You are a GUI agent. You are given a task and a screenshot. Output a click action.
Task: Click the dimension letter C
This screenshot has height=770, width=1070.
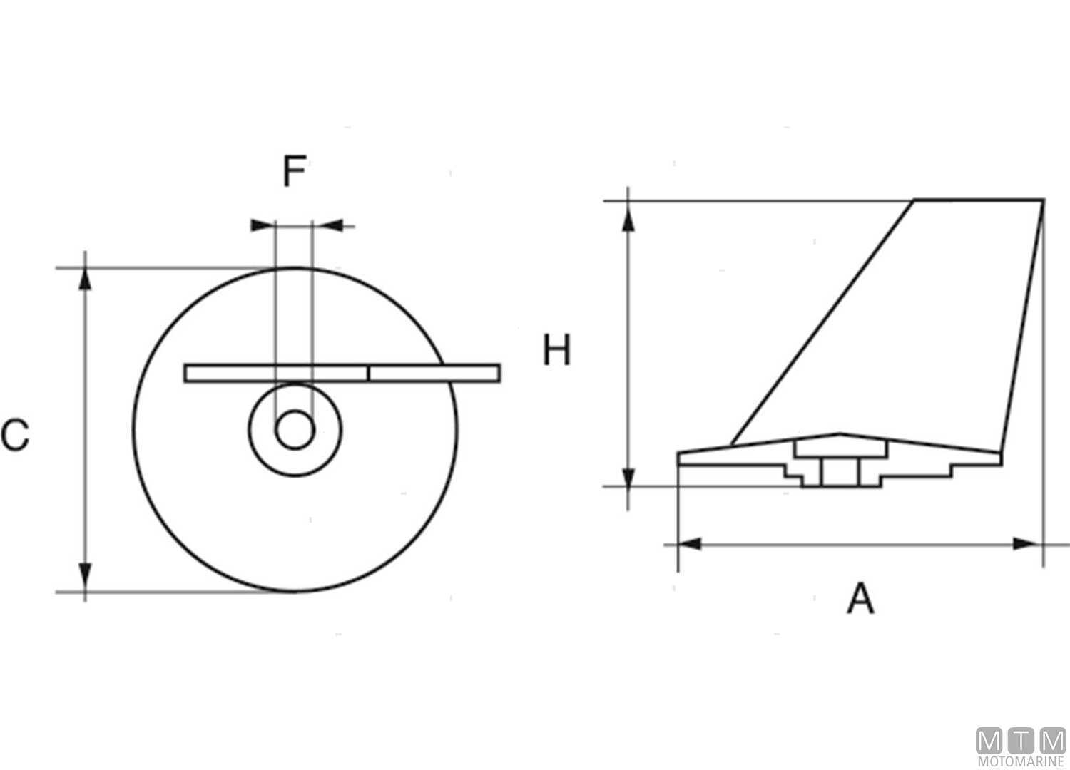pos(15,435)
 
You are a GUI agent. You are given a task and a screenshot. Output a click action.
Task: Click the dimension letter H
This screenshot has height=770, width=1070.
pos(556,351)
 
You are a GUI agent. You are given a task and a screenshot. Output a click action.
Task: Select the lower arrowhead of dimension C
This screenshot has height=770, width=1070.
pos(85,580)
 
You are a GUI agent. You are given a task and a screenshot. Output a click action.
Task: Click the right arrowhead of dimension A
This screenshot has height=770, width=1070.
pos(1025,544)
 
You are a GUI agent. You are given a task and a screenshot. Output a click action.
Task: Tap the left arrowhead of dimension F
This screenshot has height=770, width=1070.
pos(263,226)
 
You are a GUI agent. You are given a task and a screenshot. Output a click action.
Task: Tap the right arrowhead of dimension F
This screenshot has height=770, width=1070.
pos(327,226)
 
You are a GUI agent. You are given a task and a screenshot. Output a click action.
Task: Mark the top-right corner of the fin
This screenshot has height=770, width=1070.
pos(1043,201)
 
